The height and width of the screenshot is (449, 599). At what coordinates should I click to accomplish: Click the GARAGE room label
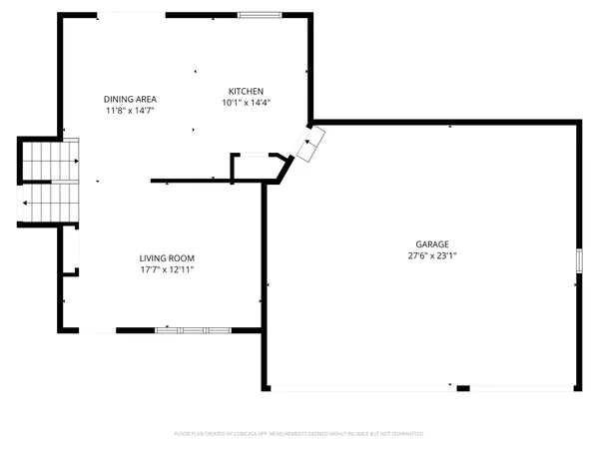point(432,243)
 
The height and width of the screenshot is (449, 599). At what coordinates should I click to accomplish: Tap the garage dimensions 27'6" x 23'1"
point(432,255)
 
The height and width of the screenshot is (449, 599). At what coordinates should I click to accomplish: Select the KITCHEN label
point(246,90)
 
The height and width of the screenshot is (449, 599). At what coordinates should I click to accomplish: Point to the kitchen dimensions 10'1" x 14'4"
point(246,102)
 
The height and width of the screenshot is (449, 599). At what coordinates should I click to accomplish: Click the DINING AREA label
point(131,99)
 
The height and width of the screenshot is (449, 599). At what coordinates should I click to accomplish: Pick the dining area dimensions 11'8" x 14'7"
point(131,111)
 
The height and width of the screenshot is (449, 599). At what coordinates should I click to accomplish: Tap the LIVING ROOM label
point(166,257)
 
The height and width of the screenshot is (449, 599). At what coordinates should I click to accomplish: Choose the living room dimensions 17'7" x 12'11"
point(166,269)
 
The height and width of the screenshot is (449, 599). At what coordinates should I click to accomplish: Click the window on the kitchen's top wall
point(259,15)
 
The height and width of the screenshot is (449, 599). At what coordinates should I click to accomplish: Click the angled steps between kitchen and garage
point(311,146)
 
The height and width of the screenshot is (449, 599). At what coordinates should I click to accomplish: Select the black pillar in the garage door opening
point(462,387)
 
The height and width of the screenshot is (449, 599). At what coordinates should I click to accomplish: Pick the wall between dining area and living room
point(190,182)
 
